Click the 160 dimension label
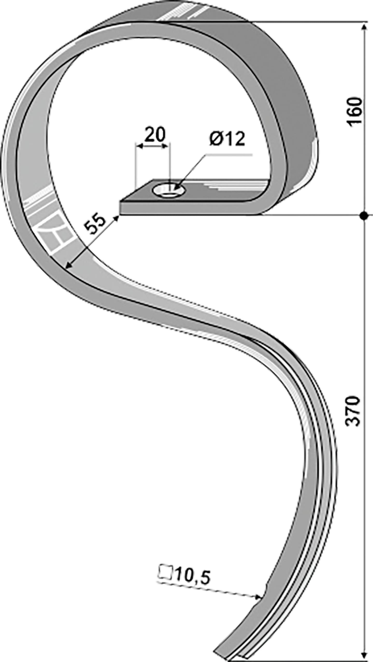(355, 112)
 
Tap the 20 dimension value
(155, 134)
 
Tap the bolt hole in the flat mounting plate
(169, 191)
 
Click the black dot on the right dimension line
(364, 215)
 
